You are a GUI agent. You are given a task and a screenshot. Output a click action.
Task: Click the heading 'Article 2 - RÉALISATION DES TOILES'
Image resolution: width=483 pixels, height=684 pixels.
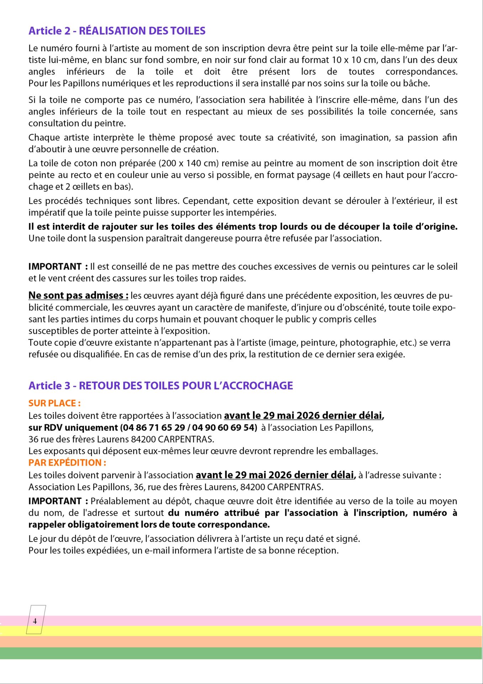point(117,31)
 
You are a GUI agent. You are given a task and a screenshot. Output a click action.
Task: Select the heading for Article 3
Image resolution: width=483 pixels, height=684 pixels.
point(161,385)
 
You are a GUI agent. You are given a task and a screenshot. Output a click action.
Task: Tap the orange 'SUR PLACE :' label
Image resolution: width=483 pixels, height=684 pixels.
point(54,403)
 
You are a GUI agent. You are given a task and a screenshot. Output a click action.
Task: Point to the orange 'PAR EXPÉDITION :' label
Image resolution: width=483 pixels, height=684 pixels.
point(67,462)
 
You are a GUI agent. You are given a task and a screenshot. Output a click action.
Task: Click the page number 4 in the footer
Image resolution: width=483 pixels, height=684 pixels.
point(35,621)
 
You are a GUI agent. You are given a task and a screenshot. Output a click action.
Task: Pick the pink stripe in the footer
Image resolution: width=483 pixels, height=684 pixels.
point(249,621)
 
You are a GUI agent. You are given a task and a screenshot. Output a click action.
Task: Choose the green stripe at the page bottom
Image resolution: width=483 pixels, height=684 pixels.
point(249,653)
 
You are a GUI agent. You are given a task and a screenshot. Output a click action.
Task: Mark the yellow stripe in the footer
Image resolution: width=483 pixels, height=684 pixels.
point(249,631)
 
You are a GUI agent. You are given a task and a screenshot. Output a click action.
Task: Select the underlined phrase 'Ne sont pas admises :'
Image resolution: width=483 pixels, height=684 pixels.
point(78,295)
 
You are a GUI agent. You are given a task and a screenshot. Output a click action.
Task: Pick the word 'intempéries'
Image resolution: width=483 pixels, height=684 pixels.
point(253,212)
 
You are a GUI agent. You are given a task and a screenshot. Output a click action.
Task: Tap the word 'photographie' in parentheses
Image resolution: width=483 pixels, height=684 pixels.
point(364,342)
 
